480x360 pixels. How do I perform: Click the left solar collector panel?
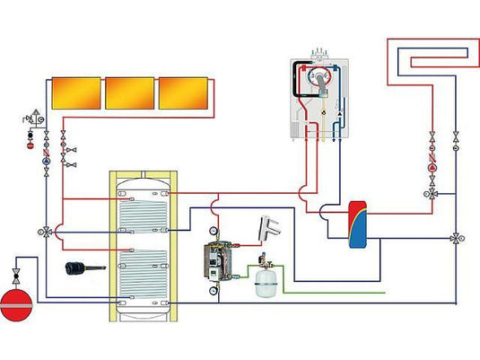click(75, 92)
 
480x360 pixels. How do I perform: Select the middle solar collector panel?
click(129, 92)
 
